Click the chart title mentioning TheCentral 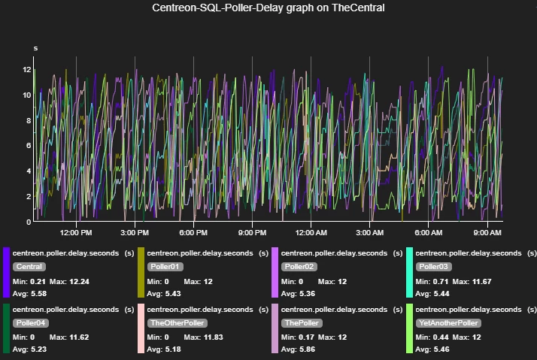point(268,8)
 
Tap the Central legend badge point(29,267)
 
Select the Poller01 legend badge point(165,267)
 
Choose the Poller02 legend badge point(299,267)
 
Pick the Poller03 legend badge point(434,267)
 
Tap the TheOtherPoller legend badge point(176,322)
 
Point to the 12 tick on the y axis point(27,69)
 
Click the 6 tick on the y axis point(29,146)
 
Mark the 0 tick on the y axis point(29,222)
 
